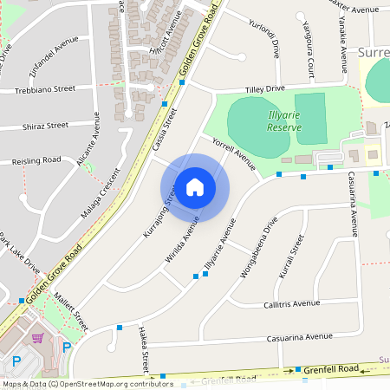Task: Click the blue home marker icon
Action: [195, 187]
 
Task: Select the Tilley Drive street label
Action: [265, 89]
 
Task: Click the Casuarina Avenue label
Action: [300, 336]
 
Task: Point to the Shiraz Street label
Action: [45, 126]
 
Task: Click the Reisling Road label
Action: [36, 160]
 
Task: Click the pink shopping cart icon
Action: [37, 337]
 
